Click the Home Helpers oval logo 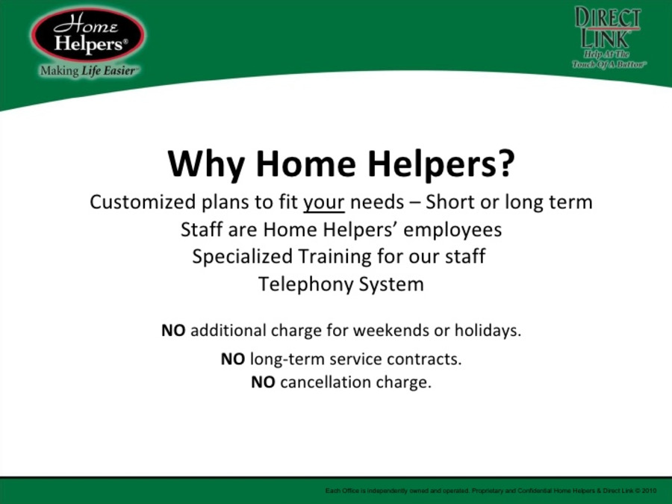(88, 34)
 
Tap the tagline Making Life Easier (88, 72)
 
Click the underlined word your (323, 203)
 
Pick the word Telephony (304, 284)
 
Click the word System (391, 284)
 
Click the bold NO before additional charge (173, 330)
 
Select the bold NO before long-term (232, 359)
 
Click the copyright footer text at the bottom (491, 491)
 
